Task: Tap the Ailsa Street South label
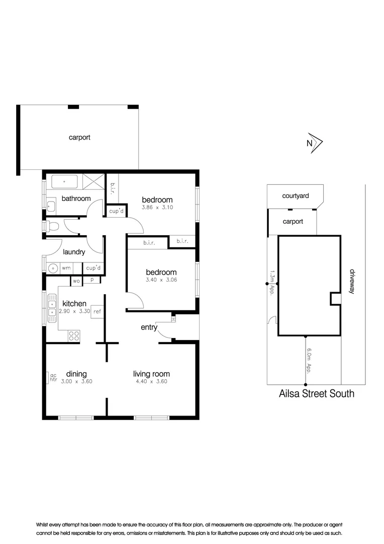[316, 393]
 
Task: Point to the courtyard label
[295, 195]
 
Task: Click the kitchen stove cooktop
[74, 334]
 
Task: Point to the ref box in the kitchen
[97, 311]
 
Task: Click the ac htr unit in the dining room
[53, 377]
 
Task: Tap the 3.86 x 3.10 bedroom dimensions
[157, 207]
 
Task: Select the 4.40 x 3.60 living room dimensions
[151, 381]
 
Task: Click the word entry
[149, 327]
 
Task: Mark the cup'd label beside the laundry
[93, 268]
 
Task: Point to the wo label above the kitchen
[77, 281]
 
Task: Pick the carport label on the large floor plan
[79, 137]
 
